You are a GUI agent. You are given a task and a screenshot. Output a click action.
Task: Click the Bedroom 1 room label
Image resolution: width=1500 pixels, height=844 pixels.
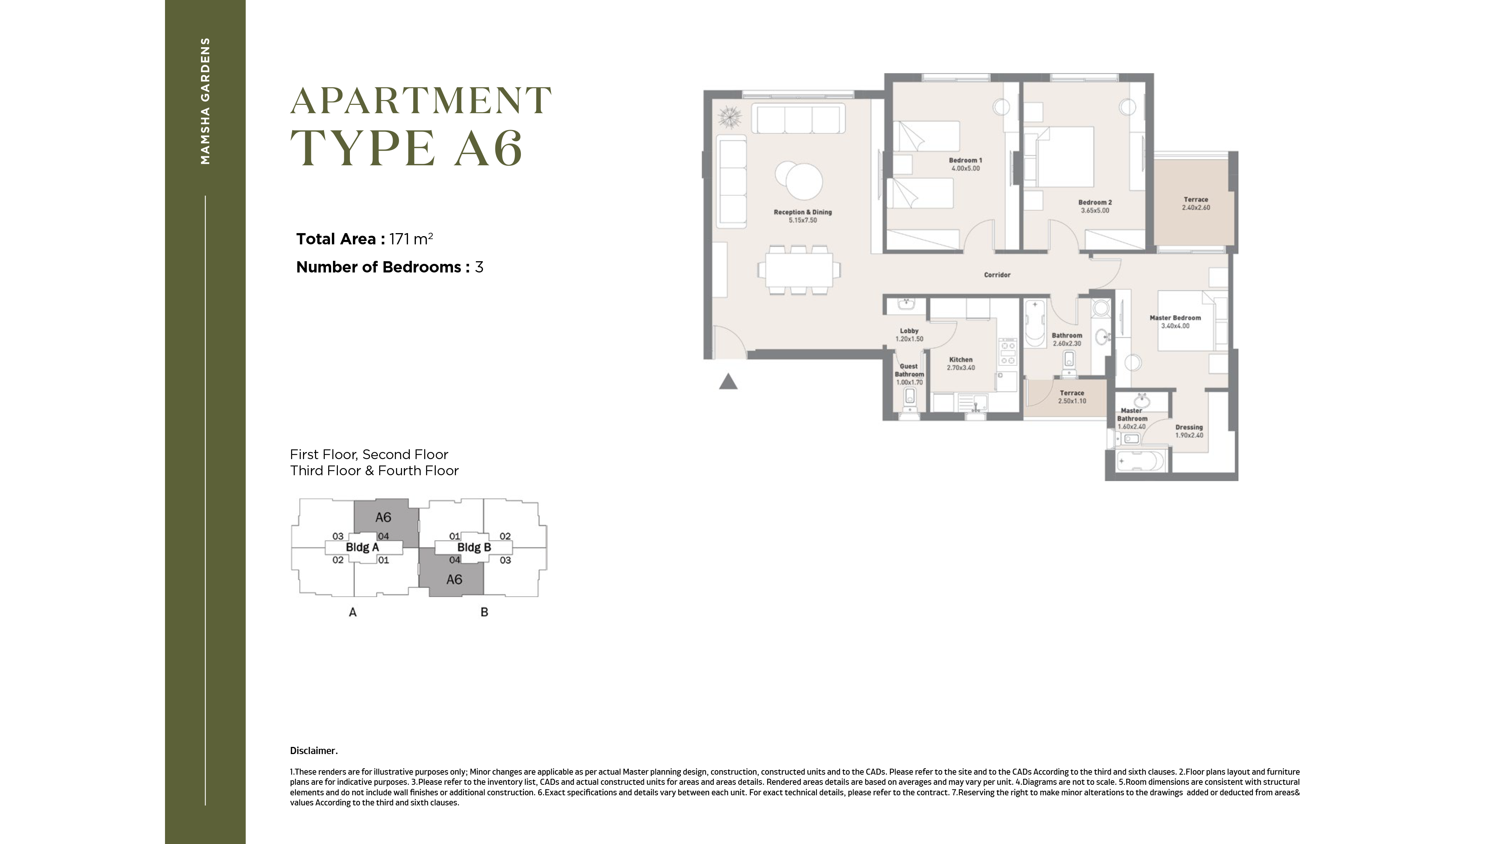click(x=966, y=160)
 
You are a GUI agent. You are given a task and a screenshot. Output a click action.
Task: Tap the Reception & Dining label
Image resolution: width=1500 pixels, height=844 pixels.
click(x=802, y=212)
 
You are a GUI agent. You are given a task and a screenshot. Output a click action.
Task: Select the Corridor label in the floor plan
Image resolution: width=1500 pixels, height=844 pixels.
click(x=997, y=275)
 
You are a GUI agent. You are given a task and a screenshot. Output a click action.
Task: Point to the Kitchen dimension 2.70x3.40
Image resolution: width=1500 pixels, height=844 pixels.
click(x=961, y=368)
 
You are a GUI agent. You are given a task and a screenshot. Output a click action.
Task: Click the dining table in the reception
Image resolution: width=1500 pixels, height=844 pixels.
click(x=798, y=271)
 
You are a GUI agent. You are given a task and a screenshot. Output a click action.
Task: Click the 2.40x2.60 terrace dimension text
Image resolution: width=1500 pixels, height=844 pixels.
click(x=1196, y=208)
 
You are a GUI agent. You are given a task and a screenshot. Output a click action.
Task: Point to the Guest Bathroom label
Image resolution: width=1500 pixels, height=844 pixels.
click(x=909, y=370)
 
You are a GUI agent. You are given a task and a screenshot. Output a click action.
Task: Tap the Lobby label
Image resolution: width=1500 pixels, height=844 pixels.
click(x=909, y=331)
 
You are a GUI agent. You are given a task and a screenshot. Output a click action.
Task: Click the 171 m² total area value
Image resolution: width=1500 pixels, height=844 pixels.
click(x=411, y=239)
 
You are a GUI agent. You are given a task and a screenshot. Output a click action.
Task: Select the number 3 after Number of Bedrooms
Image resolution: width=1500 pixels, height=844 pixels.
click(x=479, y=267)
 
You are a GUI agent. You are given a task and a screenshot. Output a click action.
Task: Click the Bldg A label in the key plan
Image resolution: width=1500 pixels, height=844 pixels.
click(x=362, y=547)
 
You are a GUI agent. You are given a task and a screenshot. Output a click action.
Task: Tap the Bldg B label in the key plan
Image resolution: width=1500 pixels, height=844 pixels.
click(x=474, y=547)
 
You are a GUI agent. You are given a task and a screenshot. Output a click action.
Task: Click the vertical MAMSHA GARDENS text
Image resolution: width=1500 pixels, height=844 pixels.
click(x=205, y=101)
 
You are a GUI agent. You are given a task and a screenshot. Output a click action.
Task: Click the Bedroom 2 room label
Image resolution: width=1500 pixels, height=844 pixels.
click(x=1095, y=202)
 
